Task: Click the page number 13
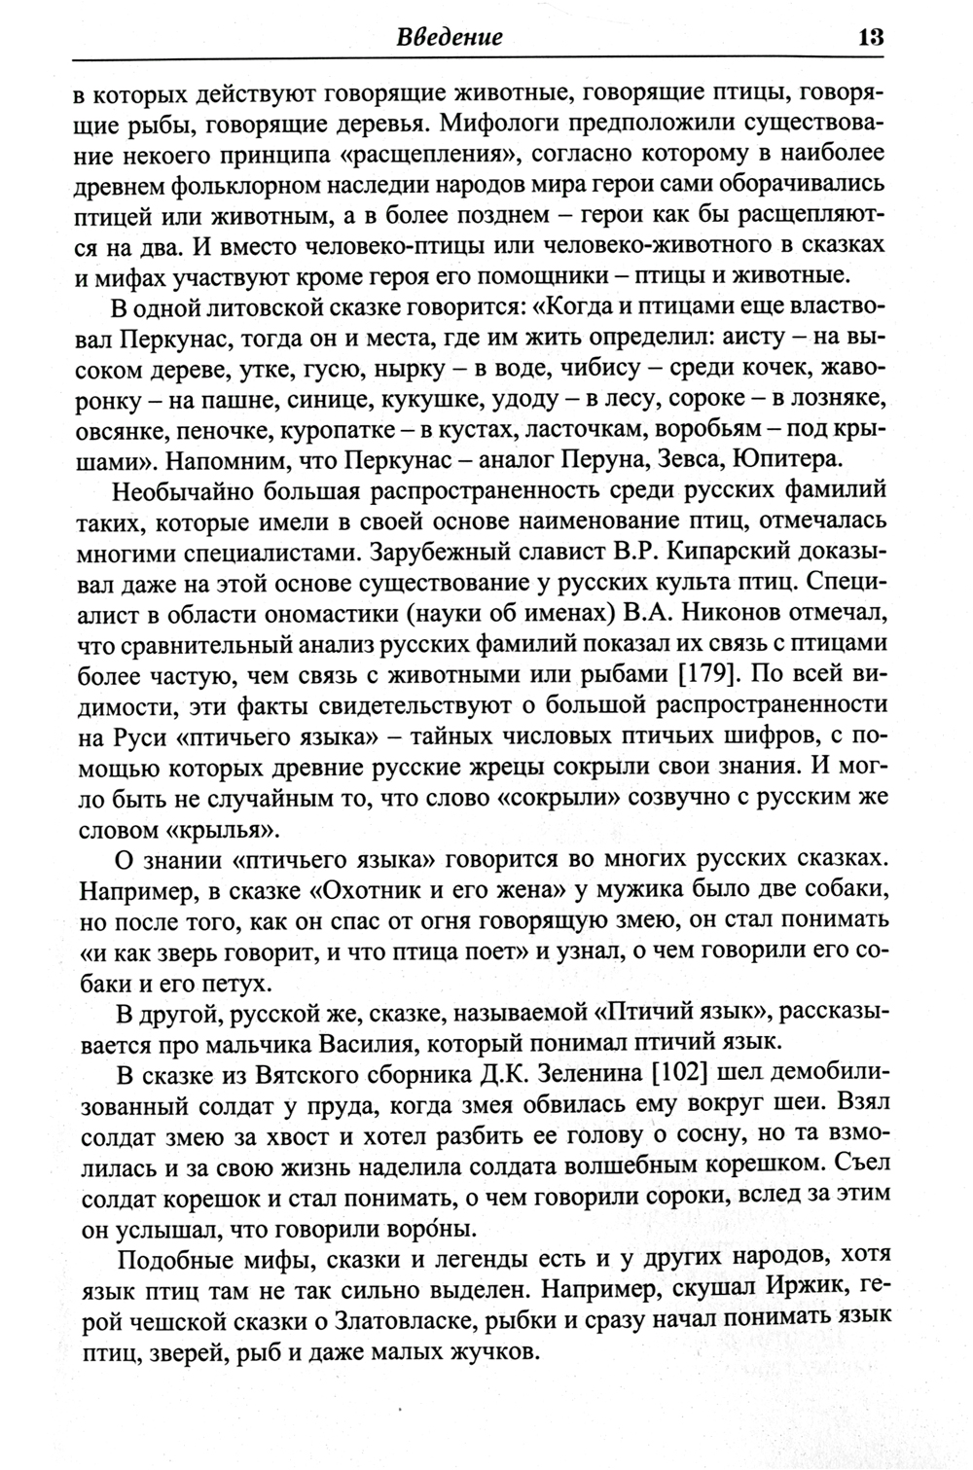(x=869, y=38)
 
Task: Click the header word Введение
(x=450, y=38)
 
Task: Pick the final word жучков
(x=485, y=1351)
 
